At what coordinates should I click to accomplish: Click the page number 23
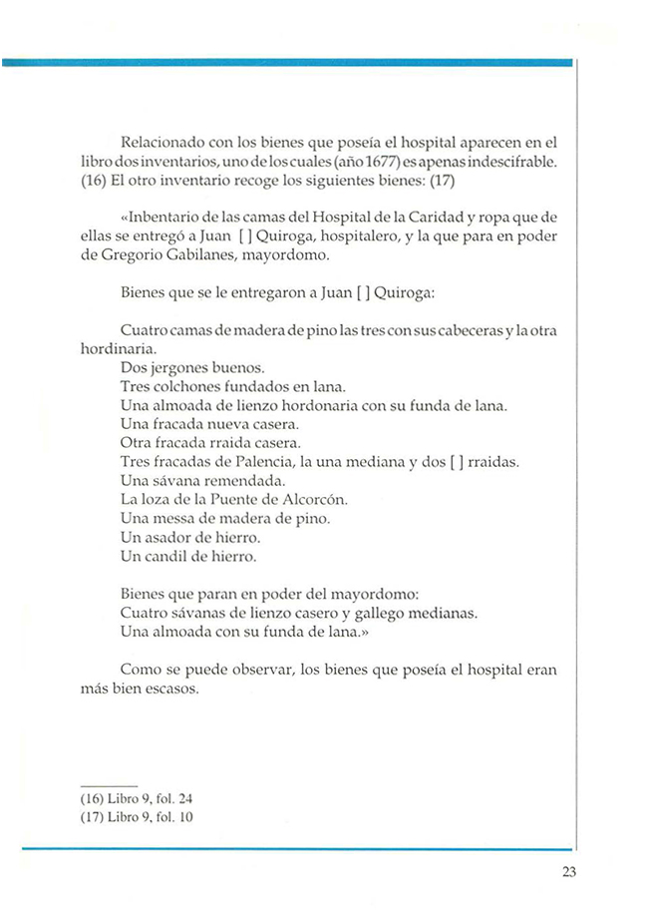(x=568, y=873)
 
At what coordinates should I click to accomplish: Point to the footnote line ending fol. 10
(x=136, y=817)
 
